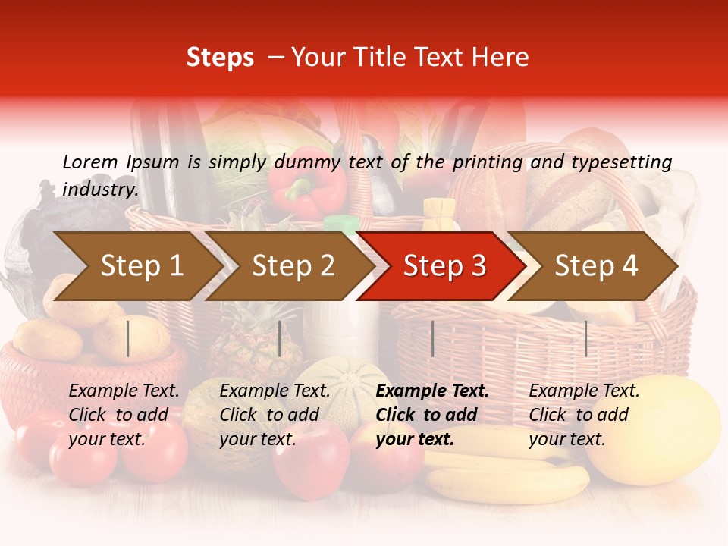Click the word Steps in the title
(x=220, y=58)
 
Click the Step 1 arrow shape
(x=141, y=266)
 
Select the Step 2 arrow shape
(x=293, y=266)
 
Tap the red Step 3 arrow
(x=444, y=266)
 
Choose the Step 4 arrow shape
(x=596, y=266)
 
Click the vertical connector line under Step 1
(x=128, y=338)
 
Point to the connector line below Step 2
(x=280, y=338)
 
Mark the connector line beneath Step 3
(x=432, y=338)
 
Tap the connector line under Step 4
(x=585, y=338)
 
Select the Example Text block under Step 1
(x=124, y=415)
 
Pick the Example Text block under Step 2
(x=275, y=415)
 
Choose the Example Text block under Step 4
(x=584, y=415)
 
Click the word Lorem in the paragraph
(x=90, y=162)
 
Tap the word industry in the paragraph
(x=99, y=189)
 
